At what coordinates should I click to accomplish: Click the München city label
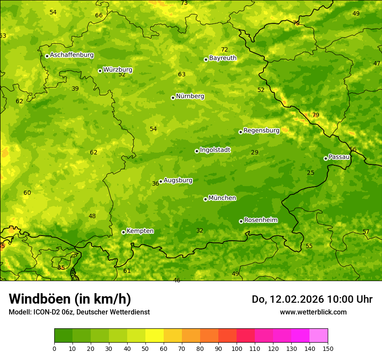(x=222, y=198)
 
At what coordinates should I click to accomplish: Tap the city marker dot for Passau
(x=326, y=158)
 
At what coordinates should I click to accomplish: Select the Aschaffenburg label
(x=72, y=55)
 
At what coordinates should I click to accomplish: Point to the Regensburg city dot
(x=240, y=132)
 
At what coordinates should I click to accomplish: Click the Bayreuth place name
(x=223, y=58)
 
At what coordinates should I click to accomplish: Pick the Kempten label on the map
(x=140, y=231)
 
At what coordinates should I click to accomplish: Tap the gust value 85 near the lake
(x=61, y=268)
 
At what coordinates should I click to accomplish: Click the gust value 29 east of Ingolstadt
(x=255, y=152)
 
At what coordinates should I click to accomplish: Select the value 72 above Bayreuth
(x=224, y=49)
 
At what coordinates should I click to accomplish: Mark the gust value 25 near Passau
(x=310, y=173)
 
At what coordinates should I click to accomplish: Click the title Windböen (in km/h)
(x=70, y=299)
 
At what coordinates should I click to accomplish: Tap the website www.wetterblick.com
(x=313, y=312)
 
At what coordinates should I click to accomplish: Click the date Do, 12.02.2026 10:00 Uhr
(x=312, y=299)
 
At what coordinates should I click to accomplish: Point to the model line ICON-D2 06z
(x=79, y=312)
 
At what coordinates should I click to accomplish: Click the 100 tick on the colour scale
(x=237, y=348)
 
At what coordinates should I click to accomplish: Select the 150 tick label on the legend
(x=328, y=348)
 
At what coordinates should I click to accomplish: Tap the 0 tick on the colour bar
(x=54, y=348)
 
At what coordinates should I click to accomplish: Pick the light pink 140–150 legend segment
(x=319, y=336)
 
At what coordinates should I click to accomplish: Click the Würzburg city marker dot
(x=100, y=71)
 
